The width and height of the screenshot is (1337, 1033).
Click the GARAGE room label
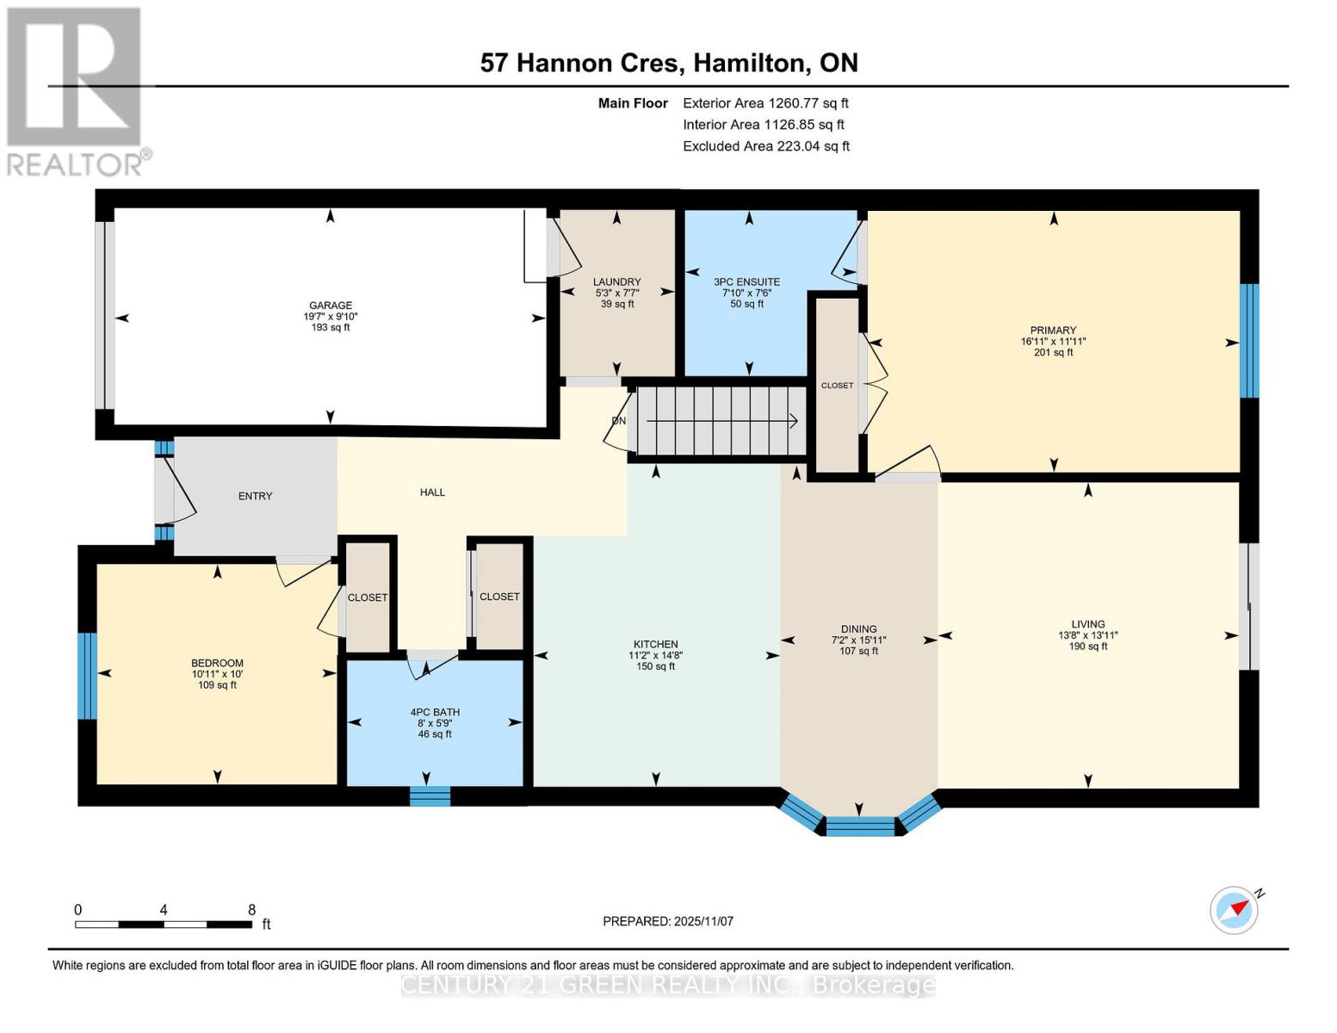[x=331, y=306]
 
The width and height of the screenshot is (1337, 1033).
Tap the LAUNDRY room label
[x=616, y=281]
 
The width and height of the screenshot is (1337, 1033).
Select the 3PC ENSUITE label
[x=746, y=281]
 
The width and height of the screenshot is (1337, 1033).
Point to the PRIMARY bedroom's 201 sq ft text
[x=1053, y=352]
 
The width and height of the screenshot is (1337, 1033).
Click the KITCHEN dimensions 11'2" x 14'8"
[x=655, y=655]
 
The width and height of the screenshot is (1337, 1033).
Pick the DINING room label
[x=858, y=629]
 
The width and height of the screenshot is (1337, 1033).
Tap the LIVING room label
[x=1087, y=624]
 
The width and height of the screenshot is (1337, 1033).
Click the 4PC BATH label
[x=435, y=712]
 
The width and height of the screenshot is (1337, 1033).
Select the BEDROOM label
[x=217, y=663]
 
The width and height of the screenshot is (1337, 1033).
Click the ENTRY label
[x=255, y=496]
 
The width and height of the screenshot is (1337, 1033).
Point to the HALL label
[x=432, y=492]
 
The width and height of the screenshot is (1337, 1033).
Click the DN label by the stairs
[x=618, y=421]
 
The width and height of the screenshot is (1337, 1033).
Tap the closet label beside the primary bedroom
[x=837, y=386]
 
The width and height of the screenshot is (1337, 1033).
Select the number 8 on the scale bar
[x=251, y=910]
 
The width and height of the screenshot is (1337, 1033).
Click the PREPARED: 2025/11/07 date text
[x=668, y=921]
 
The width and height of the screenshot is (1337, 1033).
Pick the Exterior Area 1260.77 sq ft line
[x=765, y=103]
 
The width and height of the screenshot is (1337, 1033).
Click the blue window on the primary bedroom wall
[x=1248, y=341]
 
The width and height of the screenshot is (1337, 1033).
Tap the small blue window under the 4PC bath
[x=430, y=796]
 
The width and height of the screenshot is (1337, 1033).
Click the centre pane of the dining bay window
[x=859, y=827]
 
